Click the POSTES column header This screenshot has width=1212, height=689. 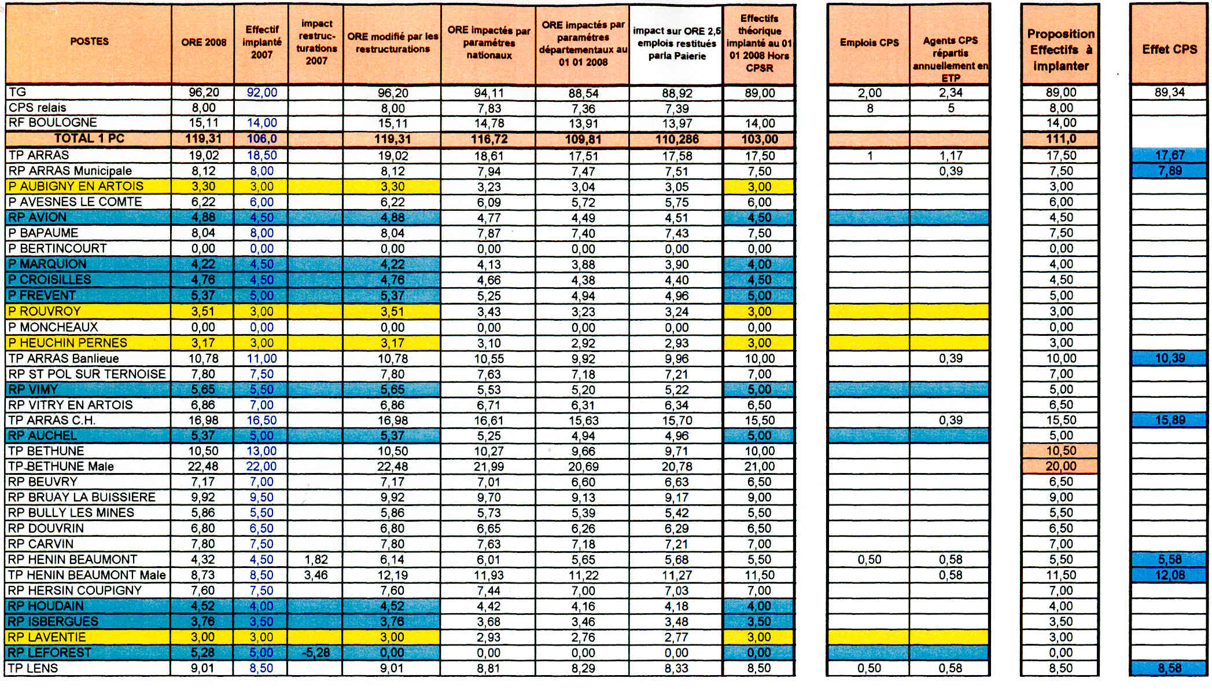point(89,42)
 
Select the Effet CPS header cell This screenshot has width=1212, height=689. point(1169,49)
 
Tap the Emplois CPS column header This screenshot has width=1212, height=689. point(869,42)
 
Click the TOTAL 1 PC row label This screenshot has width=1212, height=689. point(89,138)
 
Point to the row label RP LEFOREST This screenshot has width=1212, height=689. point(50,653)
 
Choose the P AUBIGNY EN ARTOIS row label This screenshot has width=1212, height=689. point(76,186)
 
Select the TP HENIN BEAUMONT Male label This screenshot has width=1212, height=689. point(87,575)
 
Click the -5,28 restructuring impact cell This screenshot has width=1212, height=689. point(316,653)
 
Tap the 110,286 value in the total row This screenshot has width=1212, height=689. point(676,139)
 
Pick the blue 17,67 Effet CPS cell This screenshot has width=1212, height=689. point(1170,155)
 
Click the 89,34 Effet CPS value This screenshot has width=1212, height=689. point(1169,92)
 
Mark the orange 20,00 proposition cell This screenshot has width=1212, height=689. point(1060,466)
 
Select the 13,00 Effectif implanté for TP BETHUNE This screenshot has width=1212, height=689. point(261,451)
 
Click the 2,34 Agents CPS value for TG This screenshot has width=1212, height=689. point(951,93)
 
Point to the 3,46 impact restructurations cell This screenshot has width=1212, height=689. point(316,575)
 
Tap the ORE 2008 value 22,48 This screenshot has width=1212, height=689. point(203,466)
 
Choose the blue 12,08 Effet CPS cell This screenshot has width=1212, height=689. point(1170,575)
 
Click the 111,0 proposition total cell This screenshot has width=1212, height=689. point(1060,139)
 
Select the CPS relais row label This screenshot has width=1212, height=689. point(38,108)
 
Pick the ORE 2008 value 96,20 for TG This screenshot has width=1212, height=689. point(204,93)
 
